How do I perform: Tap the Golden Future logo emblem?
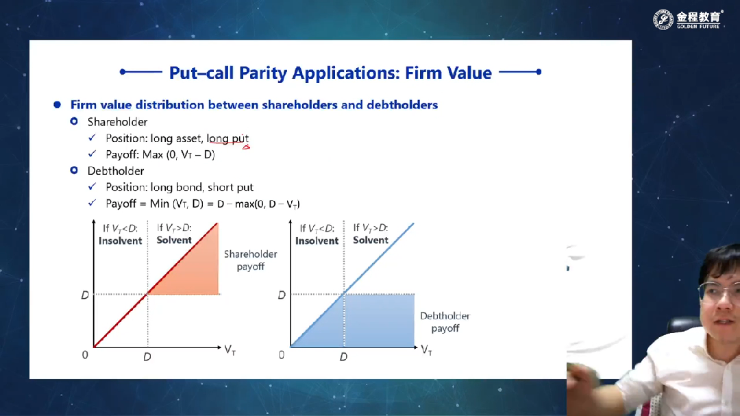[663, 20]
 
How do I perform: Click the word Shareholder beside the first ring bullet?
[118, 122]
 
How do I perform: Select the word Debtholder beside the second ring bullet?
[116, 171]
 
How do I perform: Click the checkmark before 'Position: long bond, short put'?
[92, 186]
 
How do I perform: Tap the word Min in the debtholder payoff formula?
[160, 204]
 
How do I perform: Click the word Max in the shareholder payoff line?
[152, 155]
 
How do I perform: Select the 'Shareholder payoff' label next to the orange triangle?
[250, 260]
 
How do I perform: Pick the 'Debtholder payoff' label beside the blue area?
[445, 322]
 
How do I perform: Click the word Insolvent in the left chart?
[121, 241]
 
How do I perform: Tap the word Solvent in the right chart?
[371, 240]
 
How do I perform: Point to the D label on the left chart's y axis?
[85, 295]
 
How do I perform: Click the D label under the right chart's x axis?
[343, 357]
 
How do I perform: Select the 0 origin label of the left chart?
[85, 354]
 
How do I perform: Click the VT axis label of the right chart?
[426, 350]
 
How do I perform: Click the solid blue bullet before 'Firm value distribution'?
[57, 104]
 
